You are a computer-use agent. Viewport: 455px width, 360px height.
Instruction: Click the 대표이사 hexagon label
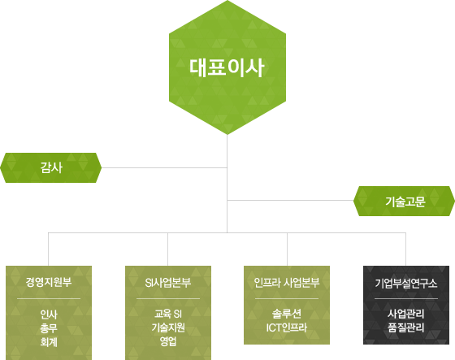(x=227, y=67)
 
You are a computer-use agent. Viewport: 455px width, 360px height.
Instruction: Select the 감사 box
(x=50, y=167)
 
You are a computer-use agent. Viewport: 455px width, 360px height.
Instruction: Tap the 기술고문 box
(x=405, y=202)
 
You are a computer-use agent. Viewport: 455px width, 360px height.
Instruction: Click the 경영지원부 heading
(x=49, y=282)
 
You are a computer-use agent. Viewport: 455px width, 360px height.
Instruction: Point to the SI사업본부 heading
(x=168, y=283)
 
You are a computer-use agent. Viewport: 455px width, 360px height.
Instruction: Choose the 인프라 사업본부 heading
(x=287, y=282)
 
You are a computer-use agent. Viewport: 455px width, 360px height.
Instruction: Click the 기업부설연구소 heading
(x=406, y=283)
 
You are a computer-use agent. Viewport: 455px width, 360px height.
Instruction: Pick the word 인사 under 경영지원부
(x=49, y=314)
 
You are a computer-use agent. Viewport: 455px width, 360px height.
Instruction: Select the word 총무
(x=49, y=328)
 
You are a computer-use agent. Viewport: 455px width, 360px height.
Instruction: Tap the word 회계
(x=49, y=342)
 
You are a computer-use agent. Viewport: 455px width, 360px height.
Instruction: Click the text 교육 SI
(x=168, y=314)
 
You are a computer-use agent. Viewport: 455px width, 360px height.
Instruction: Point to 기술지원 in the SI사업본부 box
(x=168, y=327)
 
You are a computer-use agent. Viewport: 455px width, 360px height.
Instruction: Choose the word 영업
(x=168, y=341)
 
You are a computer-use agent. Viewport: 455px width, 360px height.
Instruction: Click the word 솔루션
(x=287, y=314)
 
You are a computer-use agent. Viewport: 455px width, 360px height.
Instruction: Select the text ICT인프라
(x=287, y=327)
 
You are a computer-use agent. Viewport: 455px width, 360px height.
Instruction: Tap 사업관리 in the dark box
(x=406, y=314)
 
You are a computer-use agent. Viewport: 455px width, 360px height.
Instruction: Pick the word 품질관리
(x=406, y=327)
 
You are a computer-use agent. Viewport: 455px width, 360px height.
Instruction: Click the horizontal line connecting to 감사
(x=164, y=167)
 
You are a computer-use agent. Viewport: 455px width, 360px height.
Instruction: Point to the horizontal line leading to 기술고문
(x=290, y=201)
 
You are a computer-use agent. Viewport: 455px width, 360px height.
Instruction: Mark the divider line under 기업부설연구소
(x=406, y=298)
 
